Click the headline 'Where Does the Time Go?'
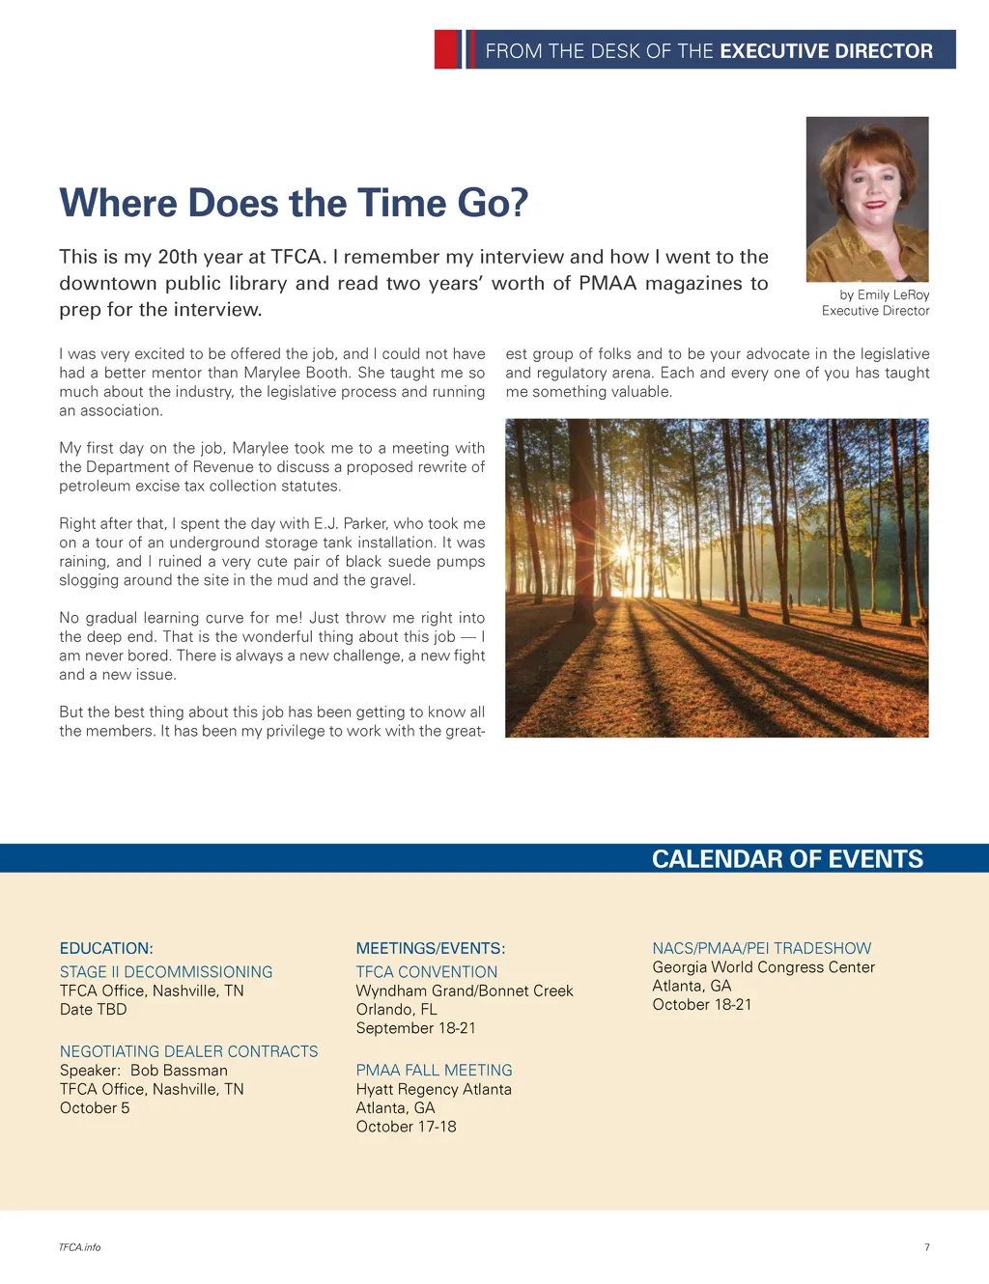[294, 204]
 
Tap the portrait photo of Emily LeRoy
[867, 199]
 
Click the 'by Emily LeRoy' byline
[884, 294]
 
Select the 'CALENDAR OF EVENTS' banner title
[787, 859]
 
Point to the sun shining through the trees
[621, 550]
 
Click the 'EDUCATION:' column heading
[106, 948]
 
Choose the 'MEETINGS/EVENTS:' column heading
[431, 948]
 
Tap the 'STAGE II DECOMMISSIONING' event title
[166, 971]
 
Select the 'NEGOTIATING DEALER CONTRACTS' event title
[188, 1051]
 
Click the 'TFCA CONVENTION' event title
[427, 971]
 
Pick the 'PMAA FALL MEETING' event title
[434, 1070]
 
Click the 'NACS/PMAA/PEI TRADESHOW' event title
[761, 948]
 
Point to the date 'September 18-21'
[415, 1028]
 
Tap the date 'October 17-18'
[406, 1127]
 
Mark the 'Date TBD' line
[93, 1009]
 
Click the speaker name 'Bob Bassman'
[179, 1070]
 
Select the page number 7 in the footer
[927, 1247]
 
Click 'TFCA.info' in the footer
[79, 1247]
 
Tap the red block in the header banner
[447, 49]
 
